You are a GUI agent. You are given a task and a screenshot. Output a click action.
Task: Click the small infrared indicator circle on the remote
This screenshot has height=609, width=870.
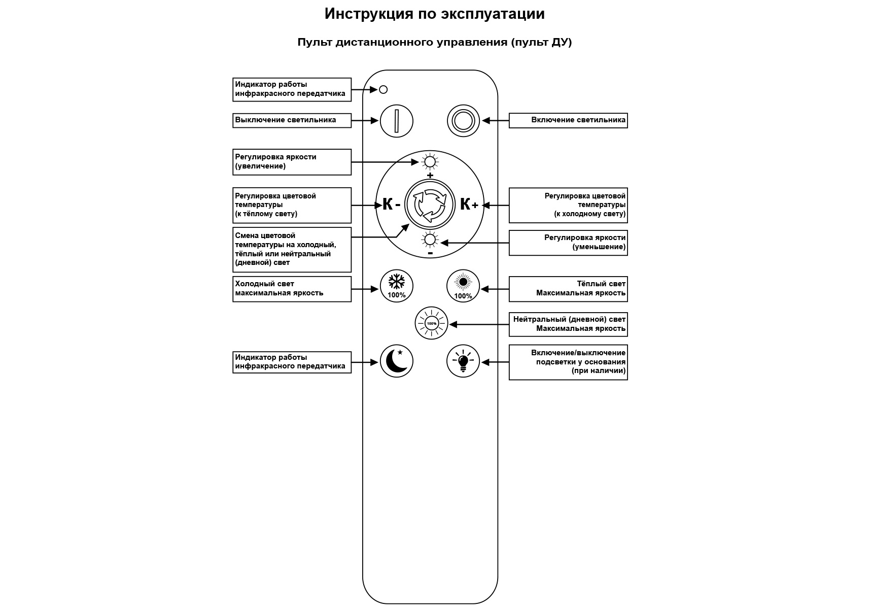pos(384,90)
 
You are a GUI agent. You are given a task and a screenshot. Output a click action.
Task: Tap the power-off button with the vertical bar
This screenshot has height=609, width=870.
pos(397,121)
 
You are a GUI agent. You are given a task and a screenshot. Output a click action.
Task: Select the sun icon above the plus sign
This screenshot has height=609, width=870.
pos(430,162)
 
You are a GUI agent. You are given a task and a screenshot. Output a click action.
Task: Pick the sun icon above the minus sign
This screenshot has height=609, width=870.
pos(430,240)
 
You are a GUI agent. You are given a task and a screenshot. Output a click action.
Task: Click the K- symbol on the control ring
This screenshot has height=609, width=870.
pos(391,205)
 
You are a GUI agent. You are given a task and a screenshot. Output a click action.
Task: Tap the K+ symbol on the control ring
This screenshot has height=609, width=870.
pos(469,205)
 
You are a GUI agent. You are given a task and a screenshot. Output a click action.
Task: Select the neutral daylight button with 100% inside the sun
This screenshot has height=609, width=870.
pos(431,323)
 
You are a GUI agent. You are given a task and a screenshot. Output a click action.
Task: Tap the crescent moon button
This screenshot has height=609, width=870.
pos(397,361)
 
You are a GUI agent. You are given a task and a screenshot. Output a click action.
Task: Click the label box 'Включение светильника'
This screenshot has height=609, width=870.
pos(568,120)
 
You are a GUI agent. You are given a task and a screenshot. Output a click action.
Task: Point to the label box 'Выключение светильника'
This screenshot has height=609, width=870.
pos(292,120)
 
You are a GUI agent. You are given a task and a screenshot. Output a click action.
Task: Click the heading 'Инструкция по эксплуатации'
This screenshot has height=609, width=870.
pos(435,14)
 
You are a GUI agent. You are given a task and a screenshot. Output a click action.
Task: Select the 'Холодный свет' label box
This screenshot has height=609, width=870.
pos(292,289)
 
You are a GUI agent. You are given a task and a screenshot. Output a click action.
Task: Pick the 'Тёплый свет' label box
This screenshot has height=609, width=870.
pos(568,289)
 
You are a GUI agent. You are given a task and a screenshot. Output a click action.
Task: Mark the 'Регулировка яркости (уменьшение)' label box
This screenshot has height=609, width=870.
pos(568,243)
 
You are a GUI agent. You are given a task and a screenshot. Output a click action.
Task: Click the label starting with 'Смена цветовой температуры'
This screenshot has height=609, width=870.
pos(292,249)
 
